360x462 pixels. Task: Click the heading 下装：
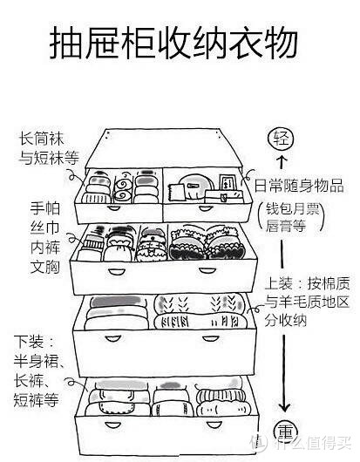pos(35,338)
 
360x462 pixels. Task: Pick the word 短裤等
pos(40,400)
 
